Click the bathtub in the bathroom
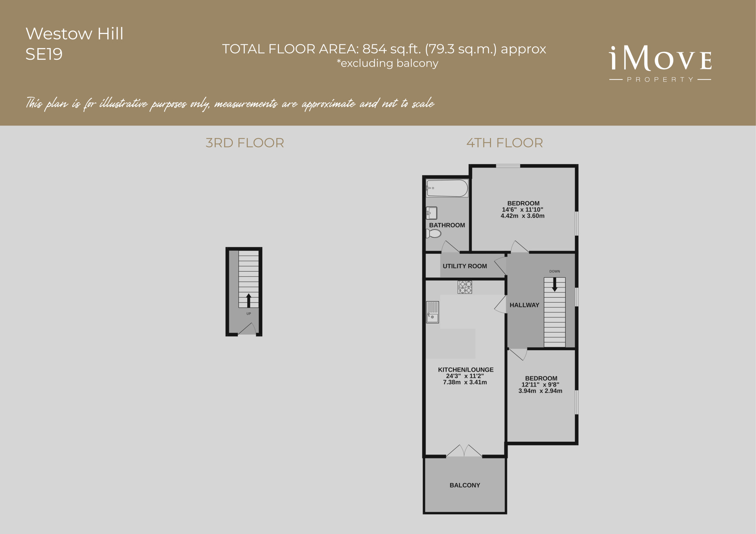click(x=447, y=188)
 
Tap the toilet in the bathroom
click(x=434, y=234)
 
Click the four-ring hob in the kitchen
click(x=465, y=287)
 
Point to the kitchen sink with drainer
click(x=432, y=312)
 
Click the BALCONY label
click(x=465, y=485)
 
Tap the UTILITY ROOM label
click(x=465, y=266)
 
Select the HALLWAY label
click(x=524, y=305)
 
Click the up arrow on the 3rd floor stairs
click(x=249, y=301)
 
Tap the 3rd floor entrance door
click(x=247, y=329)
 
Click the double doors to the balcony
click(x=464, y=451)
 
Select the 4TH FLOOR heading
click(x=505, y=143)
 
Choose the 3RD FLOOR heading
click(x=245, y=143)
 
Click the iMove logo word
click(x=660, y=59)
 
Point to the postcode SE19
click(x=44, y=54)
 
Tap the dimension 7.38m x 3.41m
click(x=465, y=382)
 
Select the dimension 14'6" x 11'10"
click(x=522, y=210)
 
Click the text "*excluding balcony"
click(x=387, y=63)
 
